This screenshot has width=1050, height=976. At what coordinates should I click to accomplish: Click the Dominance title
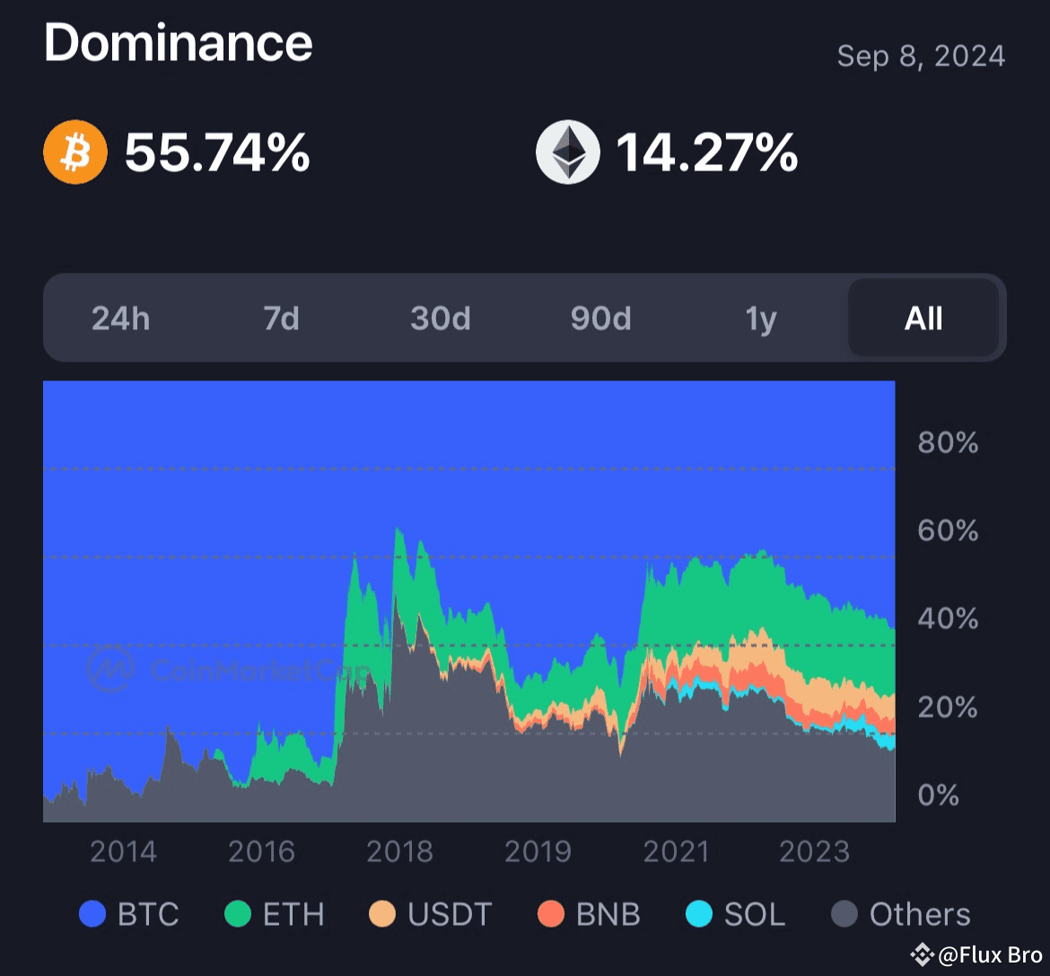coord(179,42)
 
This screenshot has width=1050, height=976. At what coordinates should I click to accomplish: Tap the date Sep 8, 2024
coord(920,57)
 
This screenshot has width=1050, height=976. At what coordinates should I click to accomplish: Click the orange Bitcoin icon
coord(75,152)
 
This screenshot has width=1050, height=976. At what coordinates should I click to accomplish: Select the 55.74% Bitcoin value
coord(217,152)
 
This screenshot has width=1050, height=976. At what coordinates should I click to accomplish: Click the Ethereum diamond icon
coord(567,152)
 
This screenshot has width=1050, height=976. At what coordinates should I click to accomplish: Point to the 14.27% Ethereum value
coord(706,152)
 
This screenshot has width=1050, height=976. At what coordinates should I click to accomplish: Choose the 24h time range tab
coord(121,318)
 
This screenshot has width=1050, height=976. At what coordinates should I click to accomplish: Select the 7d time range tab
coord(281,318)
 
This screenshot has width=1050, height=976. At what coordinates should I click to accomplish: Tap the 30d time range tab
coord(441,318)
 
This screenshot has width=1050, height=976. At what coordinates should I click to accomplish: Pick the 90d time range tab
coord(600,318)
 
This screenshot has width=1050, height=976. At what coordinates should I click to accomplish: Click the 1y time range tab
coord(761,318)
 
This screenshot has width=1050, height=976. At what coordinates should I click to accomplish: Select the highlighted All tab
coord(923,318)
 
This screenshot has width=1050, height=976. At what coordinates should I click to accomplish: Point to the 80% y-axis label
coord(948,442)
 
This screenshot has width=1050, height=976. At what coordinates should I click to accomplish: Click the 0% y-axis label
coord(938,795)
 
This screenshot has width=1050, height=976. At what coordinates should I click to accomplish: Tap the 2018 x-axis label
coord(399,851)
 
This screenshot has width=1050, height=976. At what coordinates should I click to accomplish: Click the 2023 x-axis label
coord(814,851)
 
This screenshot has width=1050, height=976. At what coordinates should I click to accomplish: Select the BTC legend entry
coord(129,915)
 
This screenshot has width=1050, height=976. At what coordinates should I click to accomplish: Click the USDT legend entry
coord(431,915)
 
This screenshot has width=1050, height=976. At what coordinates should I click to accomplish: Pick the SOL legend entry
coord(736,915)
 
